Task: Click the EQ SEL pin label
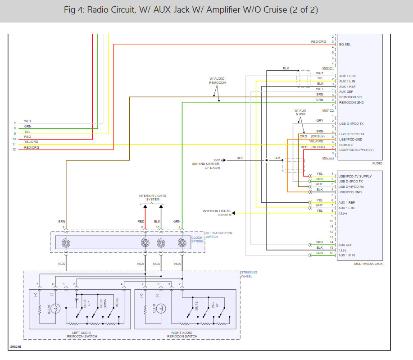tap(345, 44)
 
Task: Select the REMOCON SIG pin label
tap(350, 97)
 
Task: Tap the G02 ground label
tap(217, 160)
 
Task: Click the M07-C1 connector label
tap(328, 68)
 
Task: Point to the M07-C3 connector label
tap(328, 158)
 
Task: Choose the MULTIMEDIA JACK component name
tap(368, 264)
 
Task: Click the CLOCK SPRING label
tap(197, 239)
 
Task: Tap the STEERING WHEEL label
tap(249, 274)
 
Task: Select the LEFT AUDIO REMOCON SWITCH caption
tap(82, 334)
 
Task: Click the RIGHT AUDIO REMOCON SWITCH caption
tap(182, 334)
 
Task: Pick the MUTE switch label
tap(196, 306)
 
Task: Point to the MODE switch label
tap(117, 303)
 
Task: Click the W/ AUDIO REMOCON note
tap(217, 81)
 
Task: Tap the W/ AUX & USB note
tap(300, 112)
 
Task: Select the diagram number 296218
tap(16, 346)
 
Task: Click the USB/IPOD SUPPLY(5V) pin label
tap(356, 150)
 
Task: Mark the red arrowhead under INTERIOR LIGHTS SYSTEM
tap(145, 206)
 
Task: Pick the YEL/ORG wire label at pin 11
tap(31, 141)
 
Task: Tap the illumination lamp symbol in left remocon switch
tap(55, 308)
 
